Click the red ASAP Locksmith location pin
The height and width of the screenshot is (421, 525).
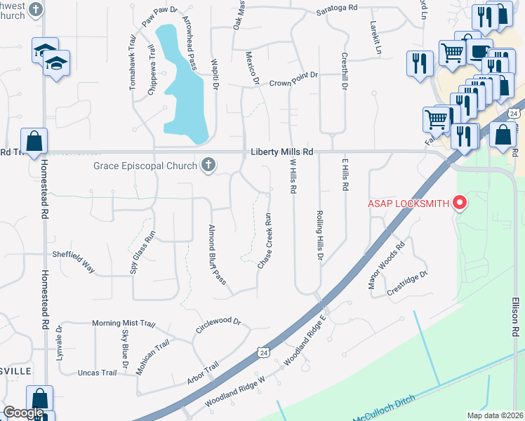coord(460,203)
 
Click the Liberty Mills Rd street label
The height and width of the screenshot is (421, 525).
coord(281,152)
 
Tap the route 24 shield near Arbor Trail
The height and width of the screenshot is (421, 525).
coord(262,350)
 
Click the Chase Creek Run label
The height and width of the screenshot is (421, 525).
coord(265,241)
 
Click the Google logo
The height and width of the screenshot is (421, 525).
coord(24,413)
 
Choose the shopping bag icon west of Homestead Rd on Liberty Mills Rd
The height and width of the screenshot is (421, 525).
coord(34,141)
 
